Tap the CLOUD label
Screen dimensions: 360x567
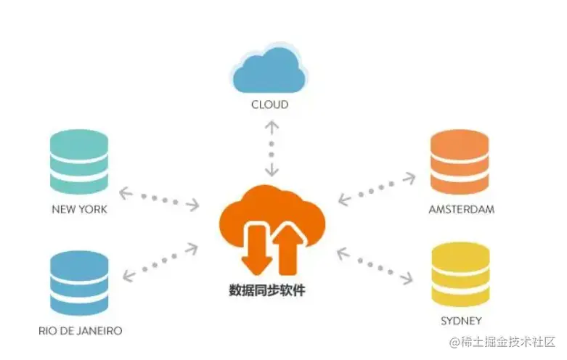click(x=270, y=105)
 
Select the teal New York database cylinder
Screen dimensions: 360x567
click(x=79, y=163)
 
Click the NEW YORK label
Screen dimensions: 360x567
click(x=79, y=210)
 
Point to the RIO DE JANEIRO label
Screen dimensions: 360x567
click(x=80, y=330)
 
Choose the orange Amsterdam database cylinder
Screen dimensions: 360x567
click(x=460, y=163)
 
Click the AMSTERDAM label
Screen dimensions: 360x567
click(x=461, y=210)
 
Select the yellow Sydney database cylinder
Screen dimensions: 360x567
click(x=460, y=276)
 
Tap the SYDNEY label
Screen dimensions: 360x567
click(x=461, y=320)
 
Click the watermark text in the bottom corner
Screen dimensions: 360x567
click(x=502, y=341)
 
